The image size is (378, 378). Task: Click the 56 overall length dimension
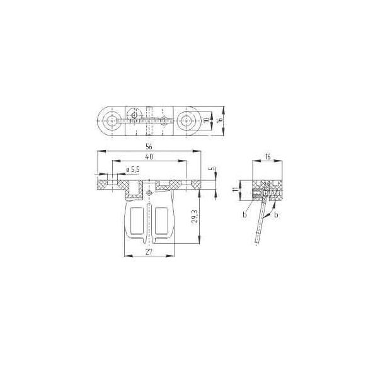point(149,147)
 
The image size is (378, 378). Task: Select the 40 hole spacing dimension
point(149,157)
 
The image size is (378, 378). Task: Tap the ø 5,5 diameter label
point(133,169)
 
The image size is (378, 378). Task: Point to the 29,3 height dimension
point(195,216)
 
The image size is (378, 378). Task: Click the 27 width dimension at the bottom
point(149,252)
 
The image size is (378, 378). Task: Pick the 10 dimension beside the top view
point(207,120)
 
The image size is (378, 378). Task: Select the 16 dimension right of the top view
point(219,120)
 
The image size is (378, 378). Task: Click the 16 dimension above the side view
point(268,157)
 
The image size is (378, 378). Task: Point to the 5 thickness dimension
point(212,168)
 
